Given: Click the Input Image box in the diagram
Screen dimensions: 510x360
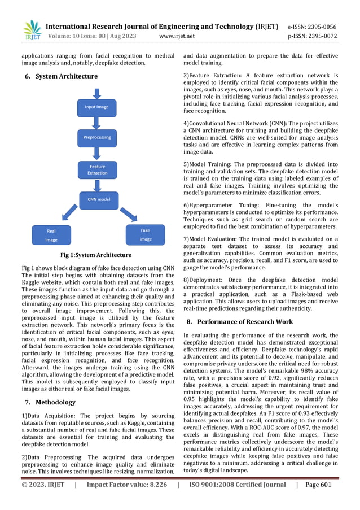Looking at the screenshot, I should point(97,107).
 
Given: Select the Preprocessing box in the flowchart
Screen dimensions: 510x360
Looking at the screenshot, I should point(97,137).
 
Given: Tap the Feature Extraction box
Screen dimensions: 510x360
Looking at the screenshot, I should point(97,169).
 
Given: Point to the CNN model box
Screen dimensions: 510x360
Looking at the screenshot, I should point(98,199).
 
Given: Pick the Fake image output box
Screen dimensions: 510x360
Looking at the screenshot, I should point(145,234).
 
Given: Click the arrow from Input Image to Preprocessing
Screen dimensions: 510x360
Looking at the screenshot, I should point(97,123).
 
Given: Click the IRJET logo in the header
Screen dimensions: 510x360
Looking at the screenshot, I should point(32,30).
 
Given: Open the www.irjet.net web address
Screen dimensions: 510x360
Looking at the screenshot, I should point(177,36).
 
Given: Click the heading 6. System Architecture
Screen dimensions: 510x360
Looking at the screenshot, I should point(61,76).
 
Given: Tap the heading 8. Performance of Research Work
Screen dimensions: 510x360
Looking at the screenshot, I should point(239,322).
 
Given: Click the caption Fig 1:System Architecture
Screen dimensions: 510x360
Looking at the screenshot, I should point(97,255).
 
